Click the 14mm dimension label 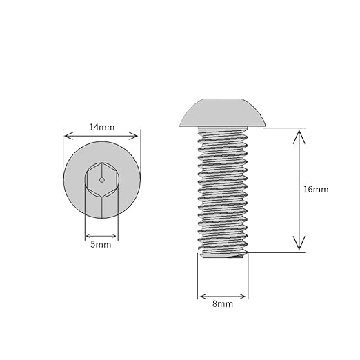pos(101,127)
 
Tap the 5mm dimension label pos(101,245)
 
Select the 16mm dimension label pos(316,190)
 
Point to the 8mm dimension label pos(223,304)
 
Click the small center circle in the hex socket pos(102,180)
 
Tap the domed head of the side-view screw pos(223,112)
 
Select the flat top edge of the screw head pos(223,99)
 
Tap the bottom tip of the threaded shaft pos(223,257)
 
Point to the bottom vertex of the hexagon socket pos(102,197)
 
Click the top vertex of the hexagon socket pos(102,163)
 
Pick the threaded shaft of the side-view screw pos(223,192)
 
